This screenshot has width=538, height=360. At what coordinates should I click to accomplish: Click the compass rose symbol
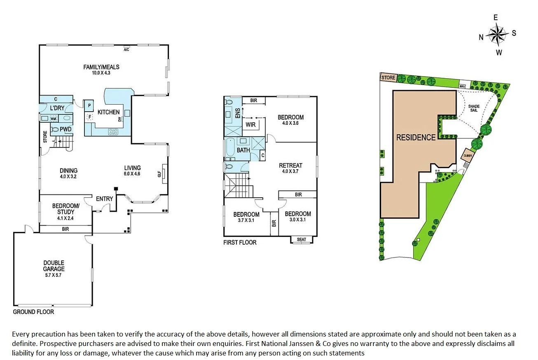[498, 35]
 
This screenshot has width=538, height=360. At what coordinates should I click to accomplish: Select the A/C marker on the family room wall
[127, 50]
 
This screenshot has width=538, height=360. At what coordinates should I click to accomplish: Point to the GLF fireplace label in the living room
[159, 174]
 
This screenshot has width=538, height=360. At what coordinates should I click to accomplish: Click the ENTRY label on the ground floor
[104, 199]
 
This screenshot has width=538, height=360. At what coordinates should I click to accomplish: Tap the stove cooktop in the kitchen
[113, 132]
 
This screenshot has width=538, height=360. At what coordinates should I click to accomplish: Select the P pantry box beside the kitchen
[89, 105]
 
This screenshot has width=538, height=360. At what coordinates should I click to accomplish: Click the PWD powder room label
[65, 129]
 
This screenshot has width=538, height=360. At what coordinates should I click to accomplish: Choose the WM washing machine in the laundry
[53, 119]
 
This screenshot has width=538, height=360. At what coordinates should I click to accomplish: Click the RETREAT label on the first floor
[290, 166]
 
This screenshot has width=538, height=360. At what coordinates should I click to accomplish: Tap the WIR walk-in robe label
[250, 124]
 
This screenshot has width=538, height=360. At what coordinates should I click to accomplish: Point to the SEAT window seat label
[302, 239]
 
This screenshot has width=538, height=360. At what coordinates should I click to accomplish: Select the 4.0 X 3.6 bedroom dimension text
[290, 123]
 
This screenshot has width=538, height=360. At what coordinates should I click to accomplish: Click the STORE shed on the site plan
[388, 77]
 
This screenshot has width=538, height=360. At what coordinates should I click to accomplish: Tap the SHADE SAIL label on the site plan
[474, 108]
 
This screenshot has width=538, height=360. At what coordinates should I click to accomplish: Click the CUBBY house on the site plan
[467, 156]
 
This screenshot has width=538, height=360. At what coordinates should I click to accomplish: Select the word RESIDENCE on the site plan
[416, 138]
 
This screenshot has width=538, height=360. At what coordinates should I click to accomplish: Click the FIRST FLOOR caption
[240, 243]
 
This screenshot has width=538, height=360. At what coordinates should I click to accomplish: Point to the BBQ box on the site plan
[463, 86]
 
